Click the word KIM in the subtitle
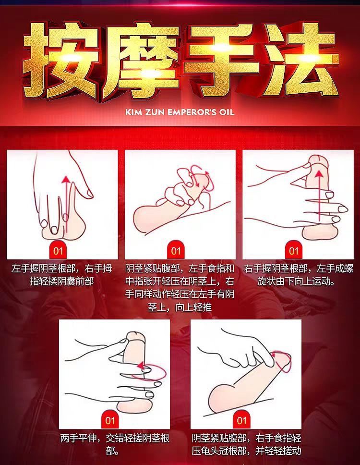coord(133,112)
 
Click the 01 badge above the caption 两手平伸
coord(110,420)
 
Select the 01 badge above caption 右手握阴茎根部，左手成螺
coord(293,251)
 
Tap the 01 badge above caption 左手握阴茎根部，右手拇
coord(58,251)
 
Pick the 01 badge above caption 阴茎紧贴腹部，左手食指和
coord(176,251)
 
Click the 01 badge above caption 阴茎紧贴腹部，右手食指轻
coord(241,420)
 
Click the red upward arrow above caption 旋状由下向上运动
coord(319,196)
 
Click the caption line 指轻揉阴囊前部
coord(61,281)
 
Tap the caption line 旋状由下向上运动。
coord(296,281)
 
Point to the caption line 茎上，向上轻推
coord(180,307)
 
